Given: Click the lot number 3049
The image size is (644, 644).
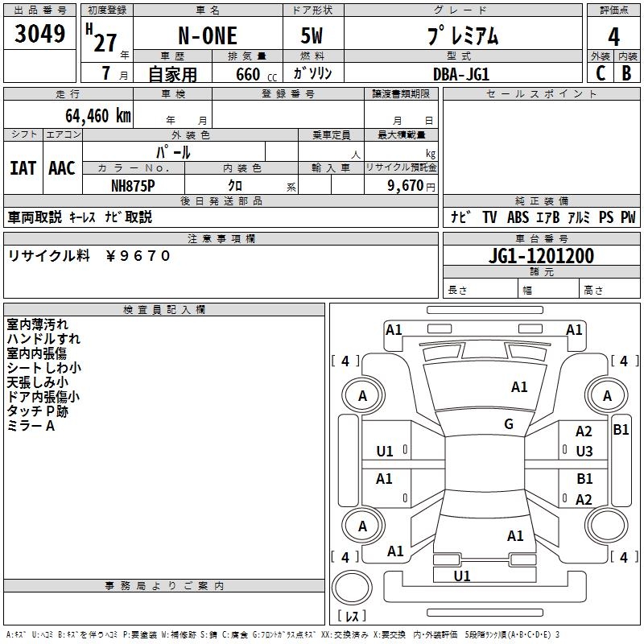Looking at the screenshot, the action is coord(39,34).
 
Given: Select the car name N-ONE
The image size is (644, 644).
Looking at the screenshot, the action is coord(208,35).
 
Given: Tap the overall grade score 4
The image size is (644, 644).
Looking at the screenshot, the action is coord(613,37).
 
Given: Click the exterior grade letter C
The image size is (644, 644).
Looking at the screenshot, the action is coord(601,73).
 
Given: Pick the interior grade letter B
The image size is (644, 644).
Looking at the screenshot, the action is coord(627,73).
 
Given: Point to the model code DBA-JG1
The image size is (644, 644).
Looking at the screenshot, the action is coord(461,74).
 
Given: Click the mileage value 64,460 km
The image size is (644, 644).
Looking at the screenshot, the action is coord(98,116).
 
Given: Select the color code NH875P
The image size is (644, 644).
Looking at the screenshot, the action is coord(133,186).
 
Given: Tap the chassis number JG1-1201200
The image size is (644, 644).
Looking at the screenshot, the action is coord(541,256).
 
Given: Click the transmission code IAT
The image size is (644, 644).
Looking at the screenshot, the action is coord(23,168).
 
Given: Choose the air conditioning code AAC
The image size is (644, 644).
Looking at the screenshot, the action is coord(62,168).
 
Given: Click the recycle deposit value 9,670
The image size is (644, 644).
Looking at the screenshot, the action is coord(406,186).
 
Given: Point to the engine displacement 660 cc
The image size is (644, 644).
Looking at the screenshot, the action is coord(256,75).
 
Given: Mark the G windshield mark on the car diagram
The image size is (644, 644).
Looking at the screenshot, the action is coord(509,424).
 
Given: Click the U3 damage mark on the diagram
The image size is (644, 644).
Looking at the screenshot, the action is coord(584,452).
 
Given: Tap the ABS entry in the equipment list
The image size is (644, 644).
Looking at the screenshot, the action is coord(518,217).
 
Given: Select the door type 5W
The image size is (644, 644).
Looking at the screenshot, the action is coord(312,35).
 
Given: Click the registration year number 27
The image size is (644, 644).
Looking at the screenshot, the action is coord(105,43).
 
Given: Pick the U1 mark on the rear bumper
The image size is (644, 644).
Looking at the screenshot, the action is coord(462,576).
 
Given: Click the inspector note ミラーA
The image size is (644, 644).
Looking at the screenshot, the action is coord(31,426).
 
